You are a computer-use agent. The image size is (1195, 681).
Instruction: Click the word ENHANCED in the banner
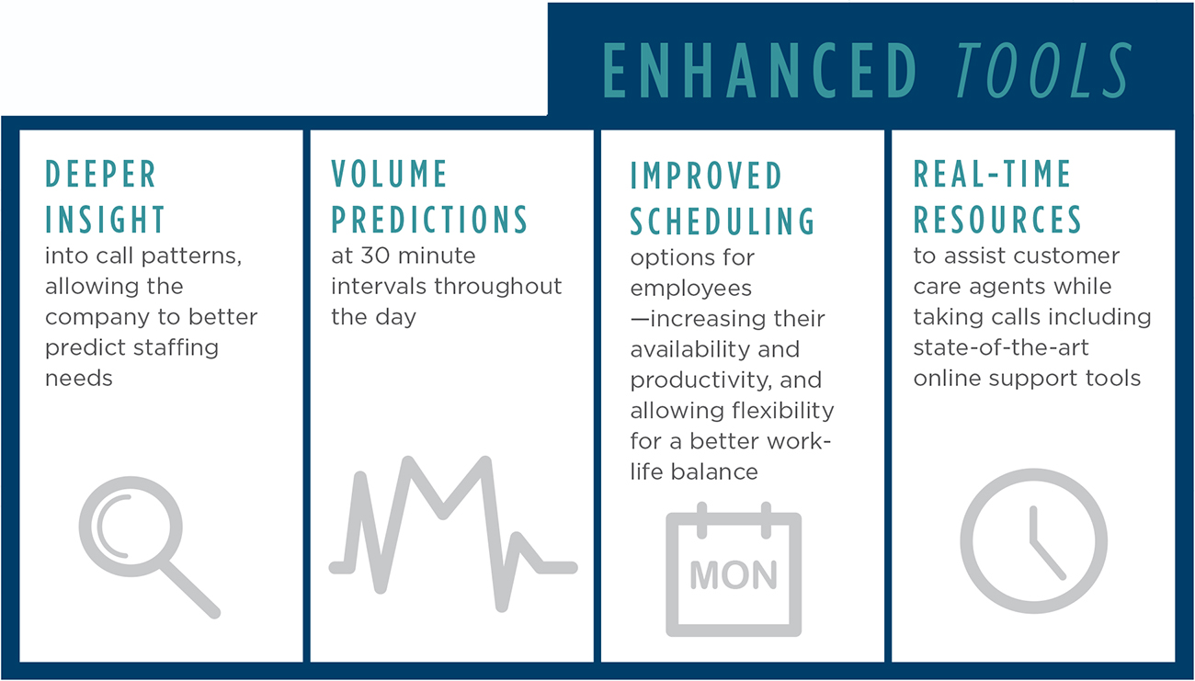pyautogui.click(x=759, y=71)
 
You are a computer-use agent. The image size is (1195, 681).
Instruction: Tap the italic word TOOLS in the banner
pyautogui.click(x=1044, y=71)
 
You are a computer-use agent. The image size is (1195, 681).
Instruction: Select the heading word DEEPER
pyautogui.click(x=101, y=174)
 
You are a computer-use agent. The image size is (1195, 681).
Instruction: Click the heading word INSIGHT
pyautogui.click(x=105, y=220)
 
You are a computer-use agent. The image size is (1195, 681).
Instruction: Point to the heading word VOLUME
pyautogui.click(x=389, y=174)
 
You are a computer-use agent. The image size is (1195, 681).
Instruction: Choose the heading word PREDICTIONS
pyautogui.click(x=429, y=220)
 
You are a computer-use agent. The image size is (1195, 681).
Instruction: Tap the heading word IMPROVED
pyautogui.click(x=706, y=176)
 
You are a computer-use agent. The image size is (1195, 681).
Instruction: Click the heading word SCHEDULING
pyautogui.click(x=723, y=221)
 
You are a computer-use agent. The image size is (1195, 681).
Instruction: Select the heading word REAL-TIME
pyautogui.click(x=992, y=174)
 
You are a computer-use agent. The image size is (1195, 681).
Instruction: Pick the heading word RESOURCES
pyautogui.click(x=997, y=220)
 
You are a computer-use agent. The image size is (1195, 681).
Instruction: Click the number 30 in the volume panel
pyautogui.click(x=374, y=256)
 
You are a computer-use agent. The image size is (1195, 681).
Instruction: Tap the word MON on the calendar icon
pyautogui.click(x=734, y=575)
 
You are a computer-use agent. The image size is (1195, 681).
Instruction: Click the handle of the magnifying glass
pyautogui.click(x=190, y=589)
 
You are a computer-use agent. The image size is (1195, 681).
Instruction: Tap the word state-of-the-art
pyautogui.click(x=1001, y=347)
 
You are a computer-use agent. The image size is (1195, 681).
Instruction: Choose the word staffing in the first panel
pyautogui.click(x=176, y=348)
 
